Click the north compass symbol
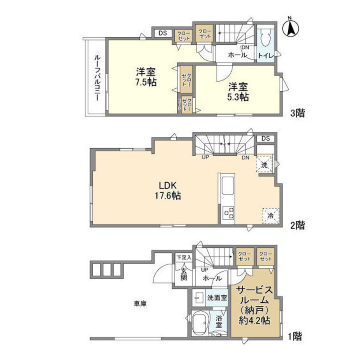(x=291, y=28)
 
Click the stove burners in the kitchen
(x=229, y=212)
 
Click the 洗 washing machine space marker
(x=264, y=165)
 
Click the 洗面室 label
(x=217, y=297)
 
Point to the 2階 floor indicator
(x=298, y=226)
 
